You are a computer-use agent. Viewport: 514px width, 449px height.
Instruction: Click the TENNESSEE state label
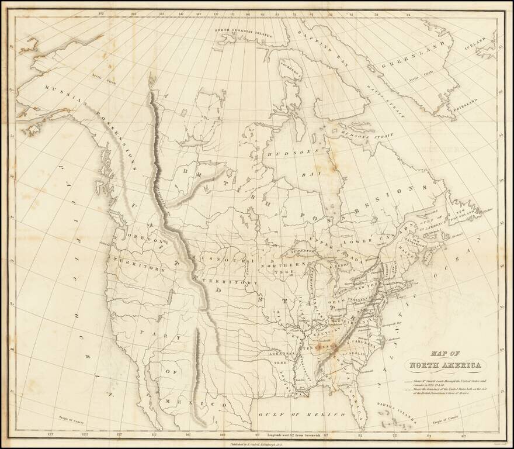[316, 347]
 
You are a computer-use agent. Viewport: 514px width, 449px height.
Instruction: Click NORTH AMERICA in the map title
[446, 367]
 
